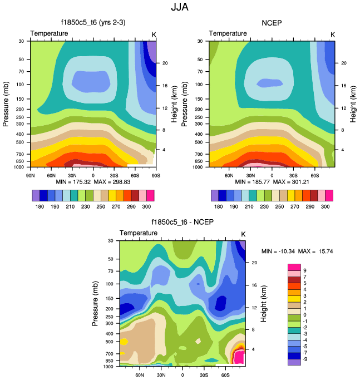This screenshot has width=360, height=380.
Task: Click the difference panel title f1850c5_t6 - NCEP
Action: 182,223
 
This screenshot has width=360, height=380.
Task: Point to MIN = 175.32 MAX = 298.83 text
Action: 93,181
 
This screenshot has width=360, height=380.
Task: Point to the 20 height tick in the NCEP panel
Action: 344,63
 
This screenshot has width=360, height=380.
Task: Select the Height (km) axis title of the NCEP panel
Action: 353,103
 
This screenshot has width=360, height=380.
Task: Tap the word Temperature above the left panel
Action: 50,33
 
